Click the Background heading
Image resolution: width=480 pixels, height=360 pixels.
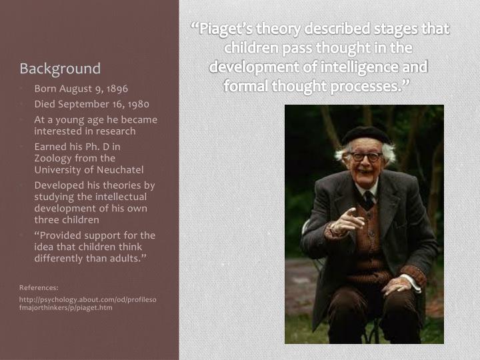coord(60,69)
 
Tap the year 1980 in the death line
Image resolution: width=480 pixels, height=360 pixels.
coord(137,104)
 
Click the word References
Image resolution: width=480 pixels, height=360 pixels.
coord(39,287)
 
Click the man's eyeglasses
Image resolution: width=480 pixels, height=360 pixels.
coord(365,157)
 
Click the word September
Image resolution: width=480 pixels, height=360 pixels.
coord(81,104)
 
